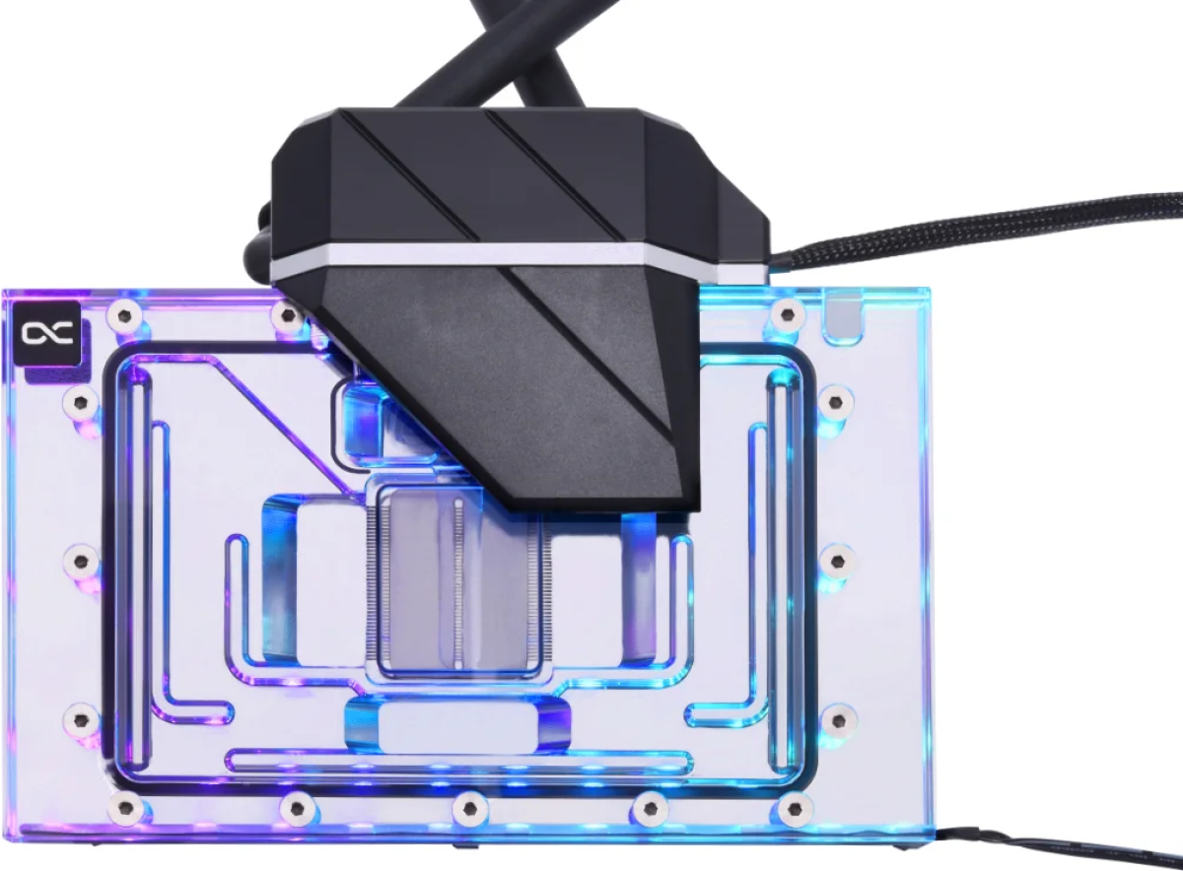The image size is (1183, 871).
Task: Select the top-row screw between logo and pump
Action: (x=287, y=316)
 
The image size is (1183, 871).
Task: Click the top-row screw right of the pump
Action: (x=786, y=316)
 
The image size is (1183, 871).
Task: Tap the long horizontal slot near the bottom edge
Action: (x=458, y=761)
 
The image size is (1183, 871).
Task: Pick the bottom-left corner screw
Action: (x=125, y=809)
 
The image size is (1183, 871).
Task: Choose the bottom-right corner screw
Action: (x=791, y=809)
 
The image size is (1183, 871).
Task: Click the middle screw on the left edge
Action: (x=81, y=561)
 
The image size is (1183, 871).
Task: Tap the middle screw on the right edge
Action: (x=836, y=561)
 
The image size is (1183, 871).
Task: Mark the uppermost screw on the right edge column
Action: (x=836, y=400)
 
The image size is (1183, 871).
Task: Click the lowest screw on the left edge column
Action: (x=81, y=719)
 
